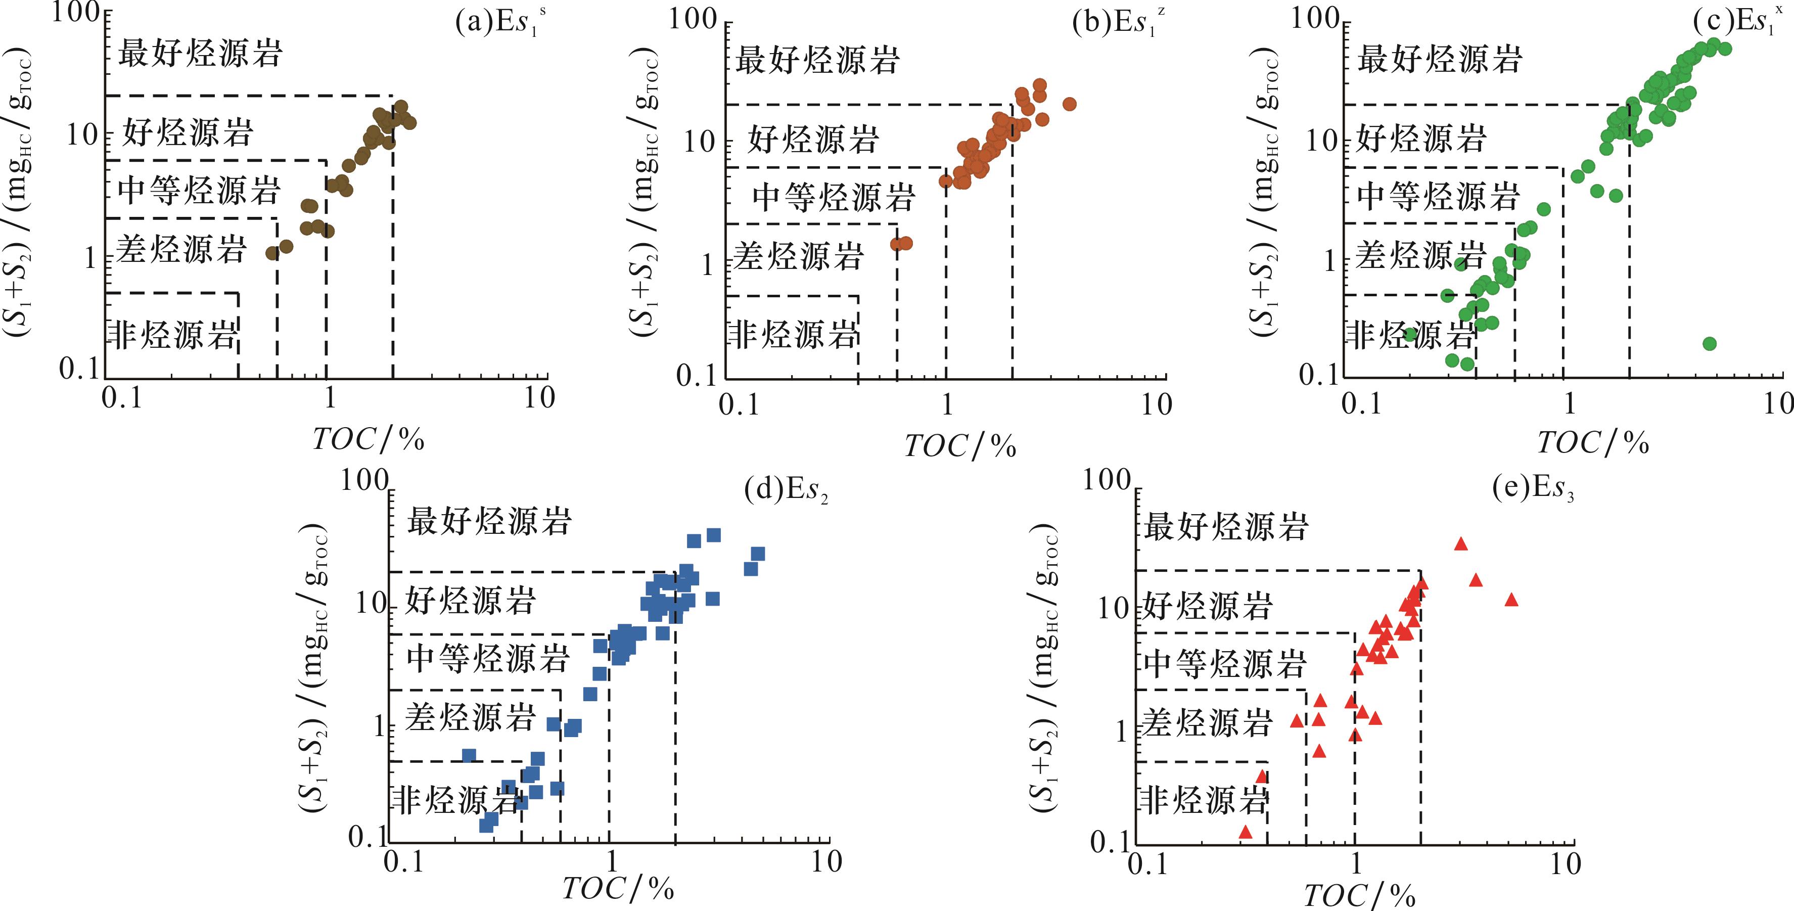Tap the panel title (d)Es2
pyautogui.click(x=786, y=490)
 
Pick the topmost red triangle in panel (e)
pyautogui.click(x=1461, y=544)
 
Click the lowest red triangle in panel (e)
pyautogui.click(x=1246, y=832)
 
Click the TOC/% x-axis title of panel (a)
pyautogui.click(x=367, y=439)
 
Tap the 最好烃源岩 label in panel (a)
pyautogui.click(x=200, y=54)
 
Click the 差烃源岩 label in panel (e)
pyautogui.click(x=1207, y=723)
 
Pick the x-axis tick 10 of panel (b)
pyautogui.click(x=1157, y=404)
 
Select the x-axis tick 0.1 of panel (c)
pyautogui.click(x=1361, y=404)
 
